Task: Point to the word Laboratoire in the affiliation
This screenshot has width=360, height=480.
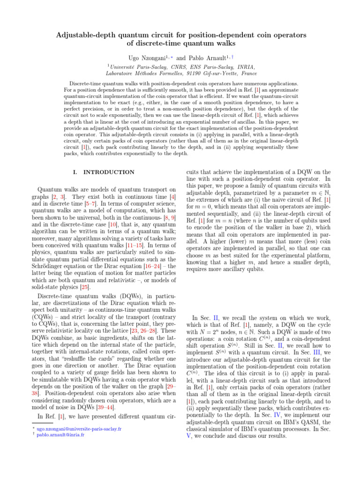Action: pyautogui.click(x=123, y=74)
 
